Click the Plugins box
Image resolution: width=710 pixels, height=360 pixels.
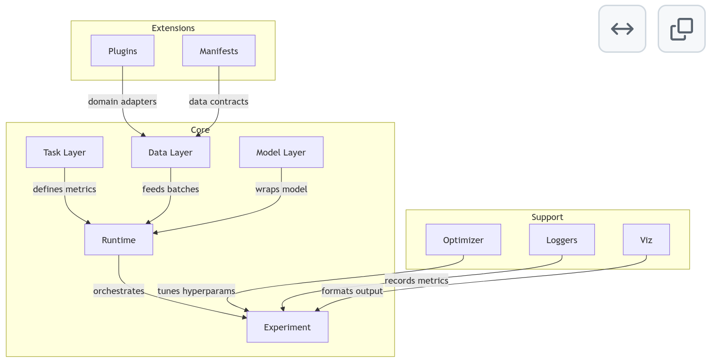tap(123, 51)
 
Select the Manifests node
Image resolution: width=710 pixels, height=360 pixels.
tap(219, 51)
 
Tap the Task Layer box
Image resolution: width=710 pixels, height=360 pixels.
tap(65, 152)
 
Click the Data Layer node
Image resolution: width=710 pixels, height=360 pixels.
tap(170, 152)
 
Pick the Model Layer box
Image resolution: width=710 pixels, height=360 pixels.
tap(281, 152)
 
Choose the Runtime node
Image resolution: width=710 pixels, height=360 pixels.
tap(119, 240)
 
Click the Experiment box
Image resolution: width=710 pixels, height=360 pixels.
tap(287, 327)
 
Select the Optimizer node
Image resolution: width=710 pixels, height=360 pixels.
tap(463, 240)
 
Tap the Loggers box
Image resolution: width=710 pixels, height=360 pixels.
tap(561, 240)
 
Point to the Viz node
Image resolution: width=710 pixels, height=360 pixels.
tap(646, 240)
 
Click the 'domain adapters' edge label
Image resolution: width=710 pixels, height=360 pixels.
tap(122, 101)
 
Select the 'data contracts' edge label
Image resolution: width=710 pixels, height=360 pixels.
tap(218, 101)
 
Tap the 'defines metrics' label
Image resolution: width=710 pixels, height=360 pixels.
tap(65, 189)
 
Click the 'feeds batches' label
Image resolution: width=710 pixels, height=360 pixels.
tap(171, 189)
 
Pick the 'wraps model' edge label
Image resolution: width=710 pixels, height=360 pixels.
tap(281, 189)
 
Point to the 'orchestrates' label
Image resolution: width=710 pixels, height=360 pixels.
tap(119, 291)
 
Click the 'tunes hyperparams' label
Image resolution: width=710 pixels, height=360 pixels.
tap(196, 291)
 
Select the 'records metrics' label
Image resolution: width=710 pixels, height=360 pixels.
tap(416, 281)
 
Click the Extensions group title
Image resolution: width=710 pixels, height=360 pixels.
tap(173, 28)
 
